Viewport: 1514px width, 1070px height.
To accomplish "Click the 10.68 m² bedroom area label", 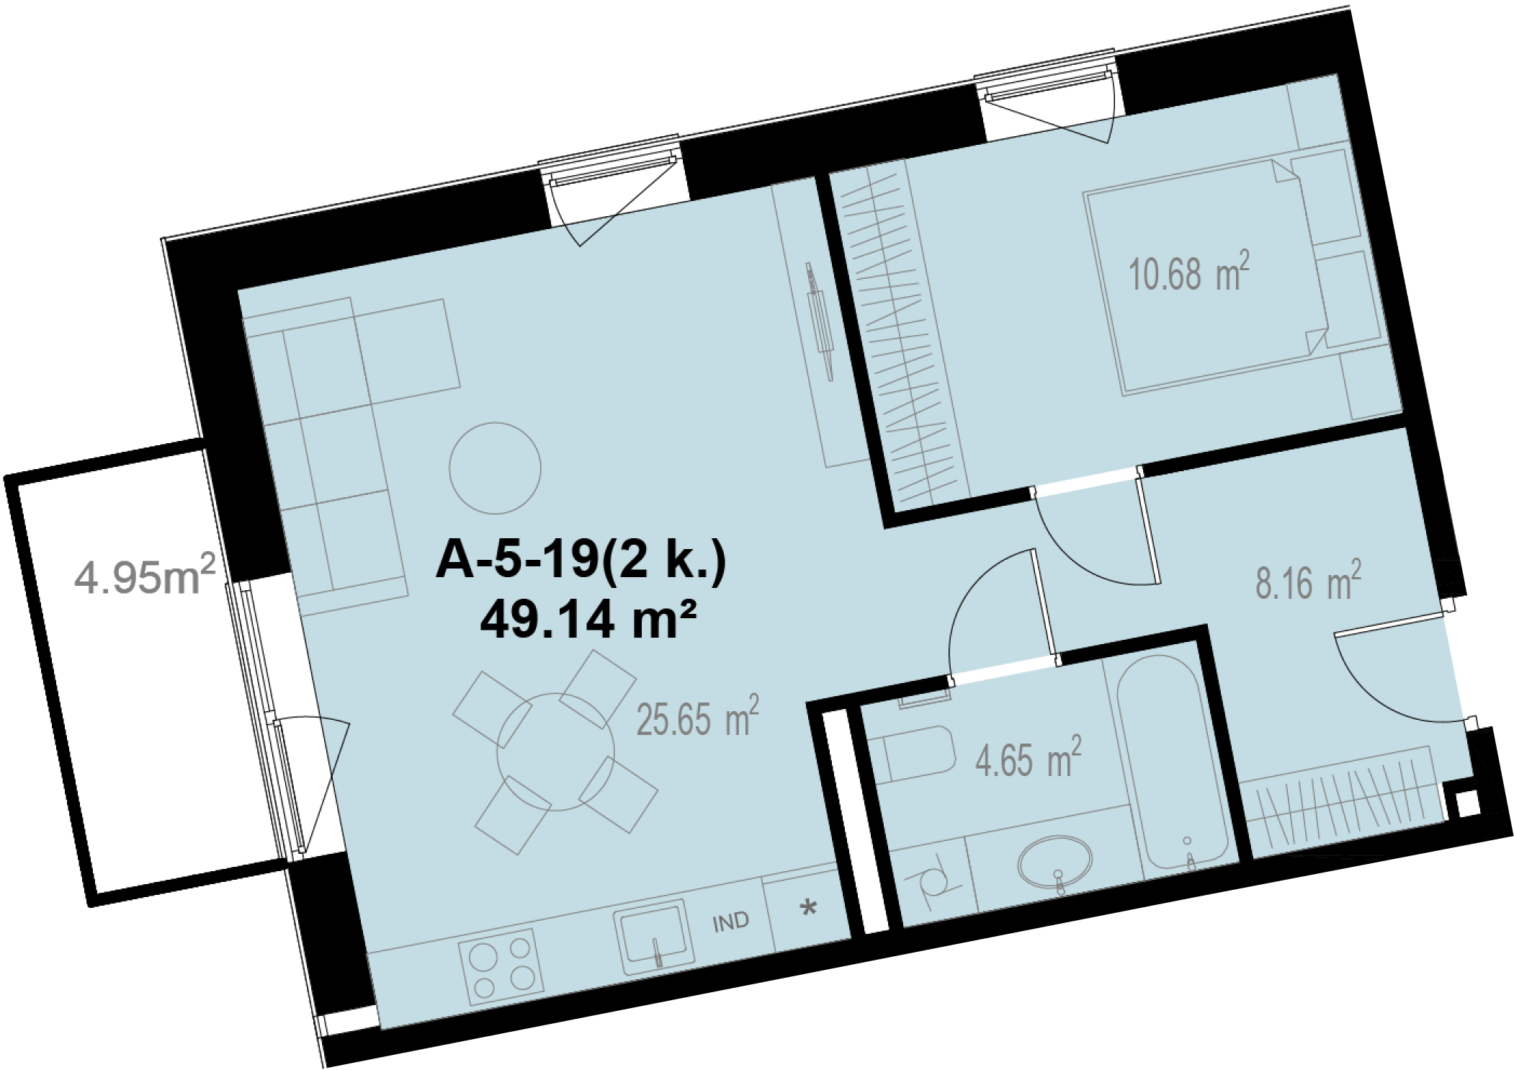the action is (x=1188, y=272).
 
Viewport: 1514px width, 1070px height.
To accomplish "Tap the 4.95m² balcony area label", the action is (x=145, y=577).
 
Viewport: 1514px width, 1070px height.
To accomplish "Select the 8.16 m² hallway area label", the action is (x=1308, y=581).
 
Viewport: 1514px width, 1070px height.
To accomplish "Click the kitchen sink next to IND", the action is (x=654, y=937).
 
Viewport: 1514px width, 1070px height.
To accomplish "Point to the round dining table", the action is (x=555, y=752).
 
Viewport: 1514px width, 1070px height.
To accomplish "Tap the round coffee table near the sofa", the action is (x=495, y=468).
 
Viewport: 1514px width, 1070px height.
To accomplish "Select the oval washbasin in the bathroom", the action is (x=1055, y=863).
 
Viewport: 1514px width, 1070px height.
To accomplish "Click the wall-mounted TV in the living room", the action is (x=819, y=321).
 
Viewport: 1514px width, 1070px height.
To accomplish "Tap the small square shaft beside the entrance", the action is (x=1468, y=803).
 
